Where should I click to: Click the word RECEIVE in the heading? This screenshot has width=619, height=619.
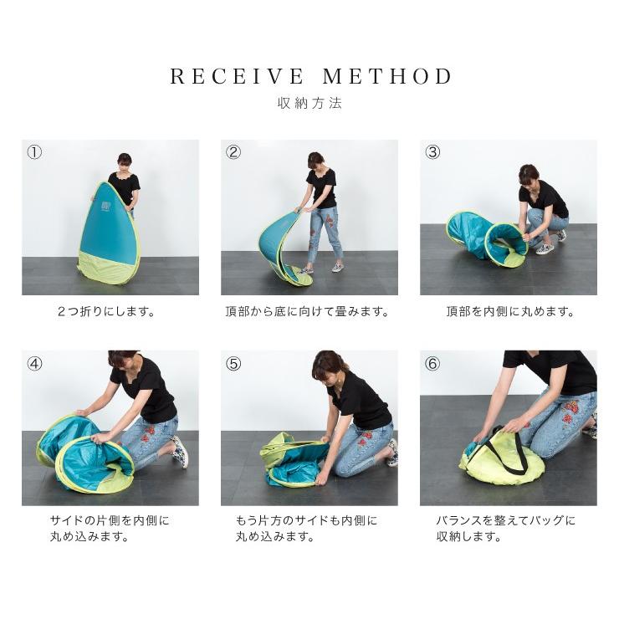pyautogui.click(x=238, y=77)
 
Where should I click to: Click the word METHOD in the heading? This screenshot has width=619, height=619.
pyautogui.click(x=387, y=77)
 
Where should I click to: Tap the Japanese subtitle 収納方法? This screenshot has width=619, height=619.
pyautogui.click(x=309, y=104)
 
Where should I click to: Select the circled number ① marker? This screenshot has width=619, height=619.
pyautogui.click(x=34, y=152)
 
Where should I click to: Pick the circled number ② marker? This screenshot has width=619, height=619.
pyautogui.click(x=233, y=152)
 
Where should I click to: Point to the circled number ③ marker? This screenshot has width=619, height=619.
pyautogui.click(x=432, y=152)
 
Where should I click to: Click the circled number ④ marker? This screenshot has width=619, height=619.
pyautogui.click(x=34, y=363)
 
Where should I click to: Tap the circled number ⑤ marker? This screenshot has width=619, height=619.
pyautogui.click(x=233, y=363)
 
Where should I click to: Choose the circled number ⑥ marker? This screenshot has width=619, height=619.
pyautogui.click(x=432, y=363)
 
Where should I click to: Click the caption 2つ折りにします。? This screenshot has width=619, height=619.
pyautogui.click(x=106, y=312)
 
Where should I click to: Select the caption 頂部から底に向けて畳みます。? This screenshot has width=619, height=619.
pyautogui.click(x=307, y=312)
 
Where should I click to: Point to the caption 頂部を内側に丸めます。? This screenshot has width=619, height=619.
pyautogui.click(x=510, y=312)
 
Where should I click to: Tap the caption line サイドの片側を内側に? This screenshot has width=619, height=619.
pyautogui.click(x=110, y=520)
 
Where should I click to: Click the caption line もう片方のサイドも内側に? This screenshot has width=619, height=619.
pyautogui.click(x=307, y=520)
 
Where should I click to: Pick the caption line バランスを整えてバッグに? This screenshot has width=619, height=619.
pyautogui.click(x=506, y=520)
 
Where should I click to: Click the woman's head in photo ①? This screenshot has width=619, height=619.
pyautogui.click(x=125, y=161)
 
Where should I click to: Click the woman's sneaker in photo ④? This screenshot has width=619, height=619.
pyautogui.click(x=180, y=452)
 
